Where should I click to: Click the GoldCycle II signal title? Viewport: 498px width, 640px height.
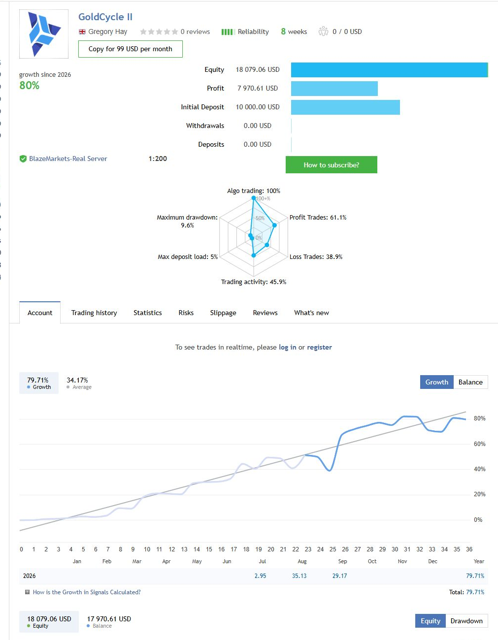(x=105, y=17)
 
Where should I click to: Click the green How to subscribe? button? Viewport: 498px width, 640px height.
(x=331, y=165)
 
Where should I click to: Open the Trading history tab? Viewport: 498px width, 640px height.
(x=94, y=313)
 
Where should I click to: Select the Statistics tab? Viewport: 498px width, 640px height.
(x=148, y=313)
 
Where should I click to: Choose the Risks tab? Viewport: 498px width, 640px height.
(x=186, y=313)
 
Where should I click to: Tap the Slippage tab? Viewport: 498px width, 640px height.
(x=223, y=313)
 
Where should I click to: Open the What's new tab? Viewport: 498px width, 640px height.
(x=311, y=313)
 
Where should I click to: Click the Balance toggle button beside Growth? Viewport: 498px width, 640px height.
(x=470, y=382)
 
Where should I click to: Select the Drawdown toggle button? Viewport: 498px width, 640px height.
(x=466, y=621)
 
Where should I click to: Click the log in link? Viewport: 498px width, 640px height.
(x=288, y=347)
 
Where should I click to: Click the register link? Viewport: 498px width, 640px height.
(x=319, y=347)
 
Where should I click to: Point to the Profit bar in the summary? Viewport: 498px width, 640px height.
(x=334, y=88)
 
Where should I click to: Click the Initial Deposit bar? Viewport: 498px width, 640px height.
(x=345, y=107)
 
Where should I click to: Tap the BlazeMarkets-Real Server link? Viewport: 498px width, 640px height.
(x=68, y=159)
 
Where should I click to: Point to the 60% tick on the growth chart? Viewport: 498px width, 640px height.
(x=479, y=444)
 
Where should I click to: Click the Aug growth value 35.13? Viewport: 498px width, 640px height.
(x=299, y=576)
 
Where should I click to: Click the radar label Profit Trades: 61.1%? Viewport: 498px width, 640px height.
(x=318, y=218)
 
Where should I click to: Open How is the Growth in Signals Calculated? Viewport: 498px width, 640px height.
(x=87, y=592)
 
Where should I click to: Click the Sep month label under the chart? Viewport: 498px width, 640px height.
(x=342, y=561)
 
